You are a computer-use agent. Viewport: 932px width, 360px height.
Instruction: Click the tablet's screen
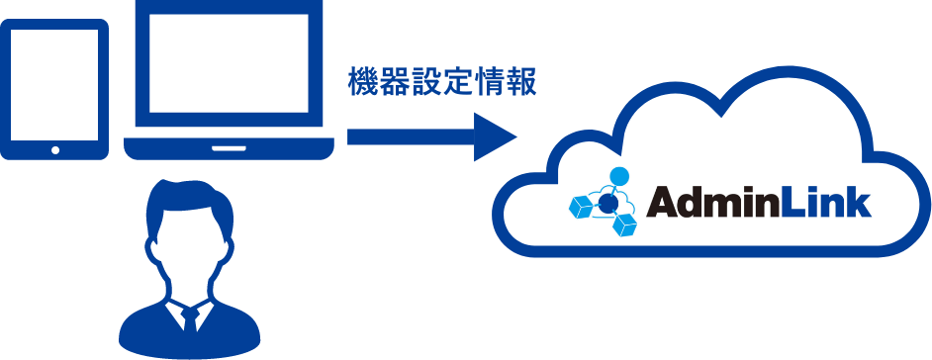(55, 82)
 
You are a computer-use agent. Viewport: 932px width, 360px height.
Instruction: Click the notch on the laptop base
(229, 148)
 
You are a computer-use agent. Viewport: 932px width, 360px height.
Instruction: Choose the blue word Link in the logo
(825, 202)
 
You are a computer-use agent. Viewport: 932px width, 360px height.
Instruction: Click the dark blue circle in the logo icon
(609, 203)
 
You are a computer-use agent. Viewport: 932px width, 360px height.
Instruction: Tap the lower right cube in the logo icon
(624, 225)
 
